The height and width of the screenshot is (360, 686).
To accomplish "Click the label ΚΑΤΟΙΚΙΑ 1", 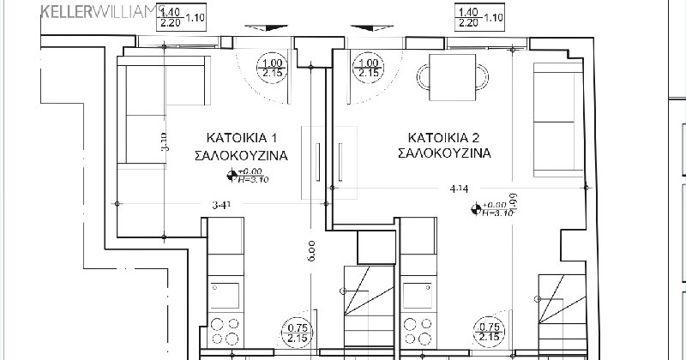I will point(240,137).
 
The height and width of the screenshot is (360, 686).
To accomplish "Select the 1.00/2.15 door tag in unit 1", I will point(273,68).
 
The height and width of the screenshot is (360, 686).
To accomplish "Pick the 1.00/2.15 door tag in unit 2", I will point(368,68).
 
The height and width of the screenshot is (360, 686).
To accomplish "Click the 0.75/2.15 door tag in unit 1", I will point(297,333).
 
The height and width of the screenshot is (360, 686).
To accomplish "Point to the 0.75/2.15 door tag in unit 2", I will point(489,333).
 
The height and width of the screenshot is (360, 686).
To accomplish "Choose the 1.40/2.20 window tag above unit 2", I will point(468,18).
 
